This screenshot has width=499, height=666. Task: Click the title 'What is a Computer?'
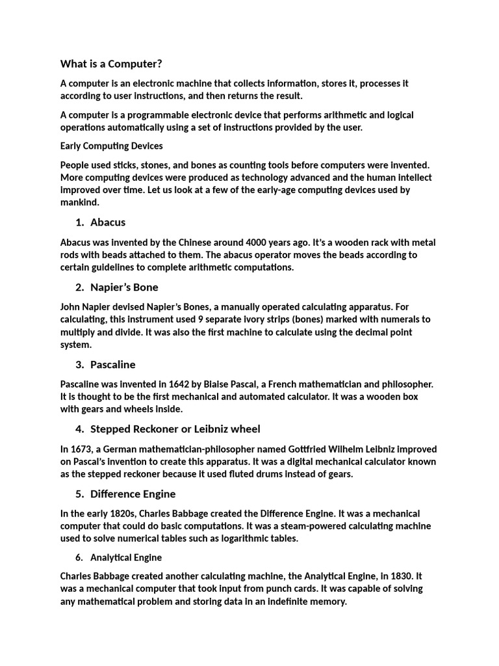click(x=111, y=64)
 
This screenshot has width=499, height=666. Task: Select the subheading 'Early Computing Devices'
click(x=111, y=146)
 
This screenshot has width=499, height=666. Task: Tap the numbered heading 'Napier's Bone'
click(x=124, y=287)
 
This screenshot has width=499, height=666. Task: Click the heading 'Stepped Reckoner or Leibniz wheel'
click(x=175, y=429)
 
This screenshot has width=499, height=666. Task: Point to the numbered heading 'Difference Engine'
click(x=133, y=494)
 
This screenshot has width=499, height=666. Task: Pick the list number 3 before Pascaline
click(x=79, y=365)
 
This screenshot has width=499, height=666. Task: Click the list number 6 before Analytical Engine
click(x=79, y=557)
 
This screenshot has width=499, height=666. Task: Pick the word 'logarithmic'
click(x=250, y=539)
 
